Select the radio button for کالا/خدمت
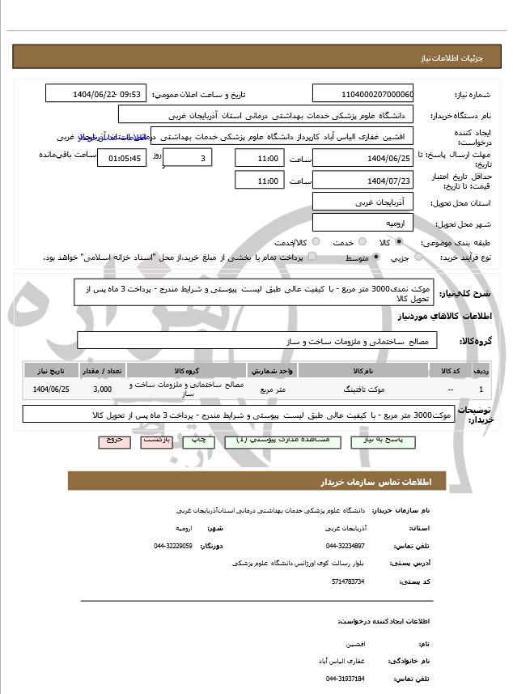(x=316, y=242)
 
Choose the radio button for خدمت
(x=361, y=242)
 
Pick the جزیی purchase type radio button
(x=418, y=258)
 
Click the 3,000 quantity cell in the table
(x=102, y=390)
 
